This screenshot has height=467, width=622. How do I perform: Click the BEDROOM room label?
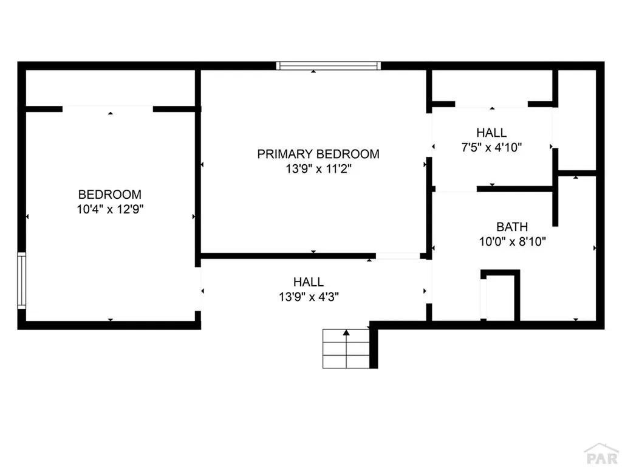coord(110,195)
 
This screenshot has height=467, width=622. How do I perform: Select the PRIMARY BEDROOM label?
coord(318,154)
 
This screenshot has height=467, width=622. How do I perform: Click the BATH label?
coord(513,227)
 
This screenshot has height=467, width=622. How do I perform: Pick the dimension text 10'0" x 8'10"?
coord(513,241)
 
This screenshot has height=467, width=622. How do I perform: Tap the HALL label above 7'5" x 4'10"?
coord(491,133)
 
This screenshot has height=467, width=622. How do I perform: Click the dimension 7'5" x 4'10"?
coord(491,147)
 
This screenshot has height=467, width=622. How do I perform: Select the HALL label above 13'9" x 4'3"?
coord(309,282)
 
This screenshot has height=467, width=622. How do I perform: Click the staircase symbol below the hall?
coord(346,348)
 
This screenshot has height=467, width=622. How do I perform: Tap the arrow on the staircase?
coord(346,333)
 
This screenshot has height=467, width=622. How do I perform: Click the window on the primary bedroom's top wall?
coord(328,66)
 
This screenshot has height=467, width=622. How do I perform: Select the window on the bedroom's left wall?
coord(22,280)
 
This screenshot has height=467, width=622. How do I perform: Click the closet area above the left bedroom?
coord(110,88)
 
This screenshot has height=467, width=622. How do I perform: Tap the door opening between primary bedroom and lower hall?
coord(397,256)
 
